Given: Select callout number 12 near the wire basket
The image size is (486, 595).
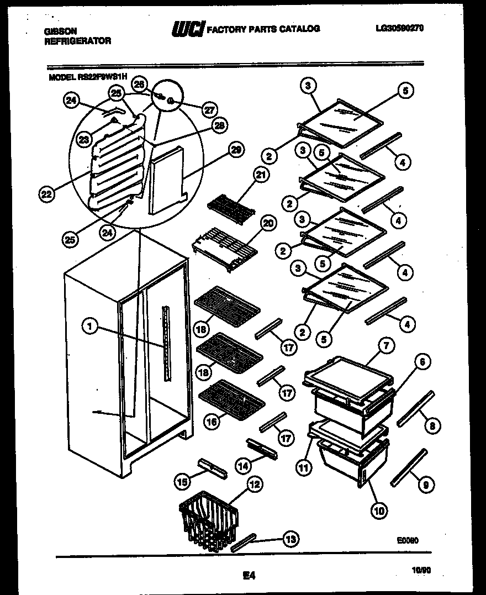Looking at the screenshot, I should [253, 485].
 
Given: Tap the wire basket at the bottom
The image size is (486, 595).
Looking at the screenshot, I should [207, 519].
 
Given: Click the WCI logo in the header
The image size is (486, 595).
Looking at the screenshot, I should [188, 29].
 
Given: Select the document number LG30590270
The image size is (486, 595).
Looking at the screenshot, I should [398, 29].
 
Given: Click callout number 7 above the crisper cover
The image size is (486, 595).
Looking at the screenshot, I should [385, 346].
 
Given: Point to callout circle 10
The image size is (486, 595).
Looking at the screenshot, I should [378, 510].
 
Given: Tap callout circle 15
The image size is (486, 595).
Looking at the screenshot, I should [182, 482].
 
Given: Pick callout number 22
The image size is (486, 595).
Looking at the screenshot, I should [47, 193].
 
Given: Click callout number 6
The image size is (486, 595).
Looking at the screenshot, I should [421, 362].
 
